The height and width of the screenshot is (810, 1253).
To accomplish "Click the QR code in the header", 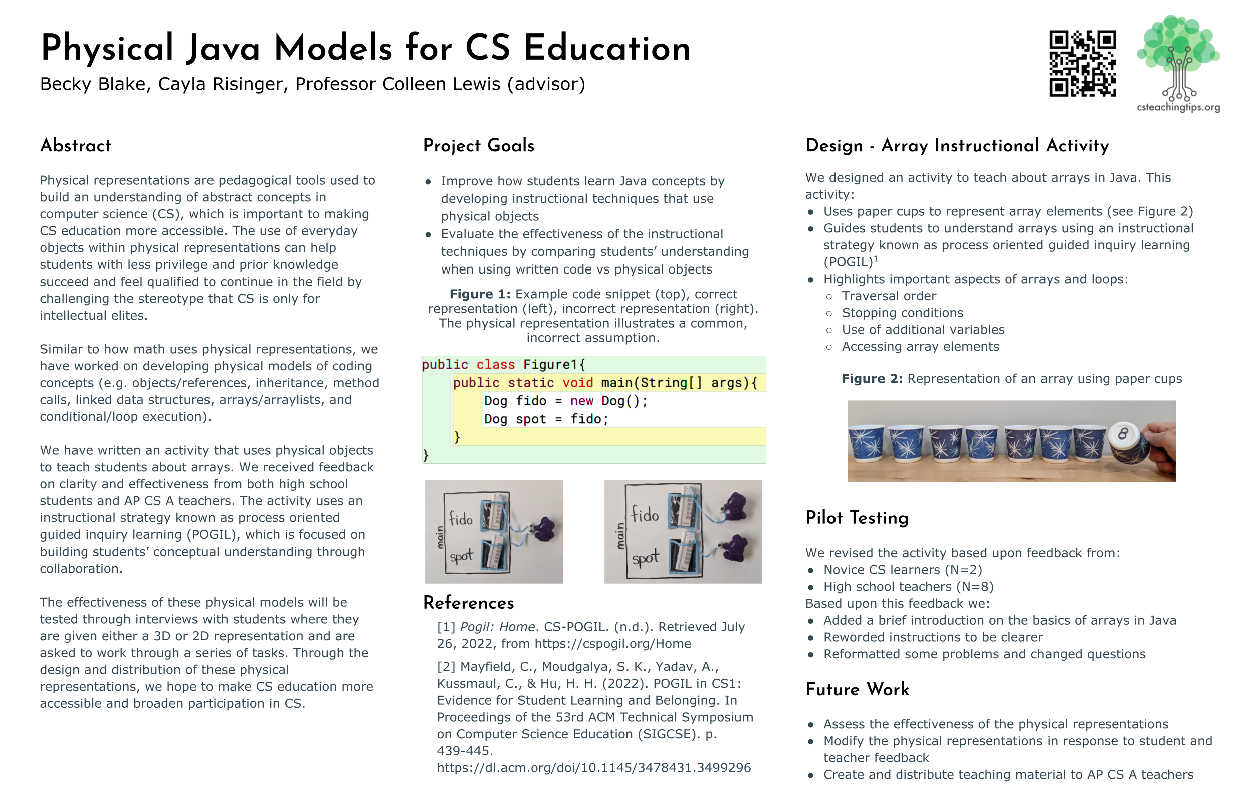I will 1082,63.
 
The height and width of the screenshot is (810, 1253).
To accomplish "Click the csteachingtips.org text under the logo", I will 1178,107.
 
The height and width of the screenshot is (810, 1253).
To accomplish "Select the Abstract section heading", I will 76,146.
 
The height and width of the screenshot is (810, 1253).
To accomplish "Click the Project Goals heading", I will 478,146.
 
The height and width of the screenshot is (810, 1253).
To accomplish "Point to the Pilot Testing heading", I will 857,518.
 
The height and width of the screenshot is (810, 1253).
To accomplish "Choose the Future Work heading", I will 857,690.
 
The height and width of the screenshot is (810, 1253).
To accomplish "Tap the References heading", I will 468,603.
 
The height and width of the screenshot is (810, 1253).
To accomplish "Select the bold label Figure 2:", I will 872,379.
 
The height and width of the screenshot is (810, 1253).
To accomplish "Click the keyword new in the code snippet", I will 581,401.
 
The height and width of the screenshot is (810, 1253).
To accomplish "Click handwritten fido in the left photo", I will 461,519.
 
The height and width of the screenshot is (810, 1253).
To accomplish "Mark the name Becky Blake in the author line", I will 93,84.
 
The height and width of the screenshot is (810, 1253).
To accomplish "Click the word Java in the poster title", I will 223,49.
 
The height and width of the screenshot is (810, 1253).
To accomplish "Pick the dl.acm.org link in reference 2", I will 593,768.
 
